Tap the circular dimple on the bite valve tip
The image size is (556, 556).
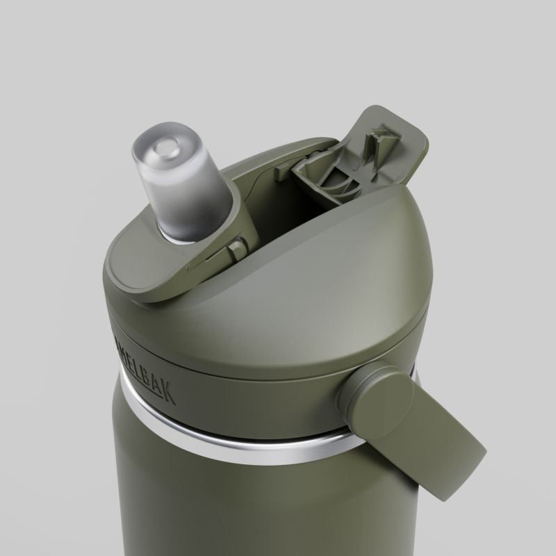(x=166, y=147)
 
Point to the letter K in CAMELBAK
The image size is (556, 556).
(x=169, y=396)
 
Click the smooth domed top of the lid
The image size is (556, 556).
(x=334, y=278)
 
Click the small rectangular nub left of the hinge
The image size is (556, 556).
(x=286, y=167)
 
